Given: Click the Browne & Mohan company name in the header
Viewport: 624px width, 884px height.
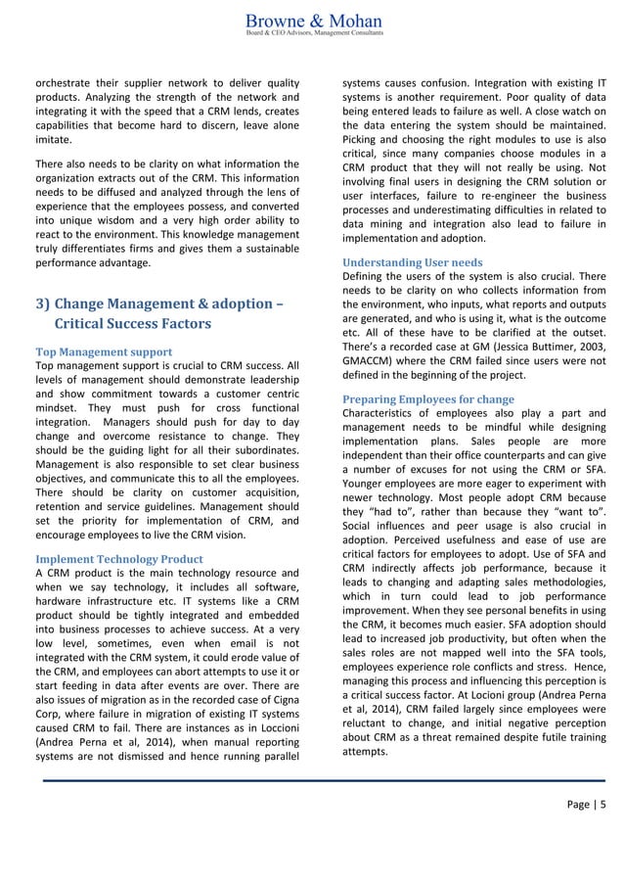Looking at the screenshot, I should click(313, 21).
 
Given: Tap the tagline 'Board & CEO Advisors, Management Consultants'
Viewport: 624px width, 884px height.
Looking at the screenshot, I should click(312, 34).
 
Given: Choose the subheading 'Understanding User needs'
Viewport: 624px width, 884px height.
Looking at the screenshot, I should click(411, 262).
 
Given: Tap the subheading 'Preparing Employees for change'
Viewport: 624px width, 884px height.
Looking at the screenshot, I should click(426, 398).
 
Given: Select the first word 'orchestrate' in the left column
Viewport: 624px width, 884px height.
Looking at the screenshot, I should click(64, 81).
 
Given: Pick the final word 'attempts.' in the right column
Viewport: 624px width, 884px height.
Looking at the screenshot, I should click(366, 751).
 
